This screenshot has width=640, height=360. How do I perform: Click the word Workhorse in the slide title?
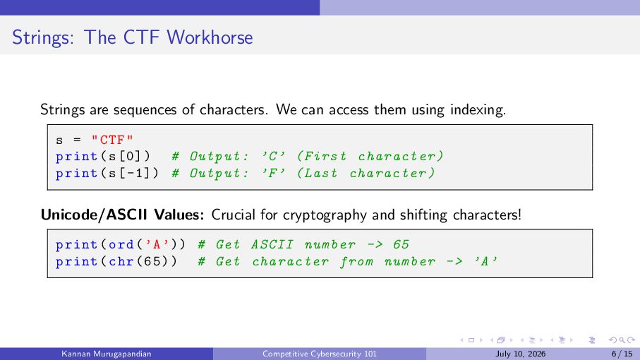(x=210, y=37)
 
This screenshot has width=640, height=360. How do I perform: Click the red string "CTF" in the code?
(x=112, y=140)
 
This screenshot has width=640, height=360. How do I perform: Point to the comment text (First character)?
(x=370, y=156)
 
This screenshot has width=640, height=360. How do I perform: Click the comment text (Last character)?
(x=366, y=174)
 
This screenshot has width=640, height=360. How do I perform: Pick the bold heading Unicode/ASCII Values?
(x=122, y=215)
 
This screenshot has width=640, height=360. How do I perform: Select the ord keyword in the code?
(x=121, y=244)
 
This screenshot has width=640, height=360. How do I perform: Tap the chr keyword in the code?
(x=121, y=261)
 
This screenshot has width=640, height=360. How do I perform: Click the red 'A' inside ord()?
(x=157, y=244)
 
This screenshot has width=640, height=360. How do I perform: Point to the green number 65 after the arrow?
(x=401, y=244)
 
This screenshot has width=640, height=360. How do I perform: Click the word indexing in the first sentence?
(x=478, y=110)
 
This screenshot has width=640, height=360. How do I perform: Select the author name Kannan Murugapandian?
(x=106, y=354)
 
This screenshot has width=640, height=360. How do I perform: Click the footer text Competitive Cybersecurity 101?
(x=319, y=354)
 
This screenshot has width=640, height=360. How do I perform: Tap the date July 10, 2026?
(x=521, y=354)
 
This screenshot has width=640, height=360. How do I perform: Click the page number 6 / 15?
(x=622, y=354)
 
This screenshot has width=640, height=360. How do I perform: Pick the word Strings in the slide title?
(x=43, y=38)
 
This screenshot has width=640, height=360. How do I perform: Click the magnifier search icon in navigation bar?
(x=622, y=340)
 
